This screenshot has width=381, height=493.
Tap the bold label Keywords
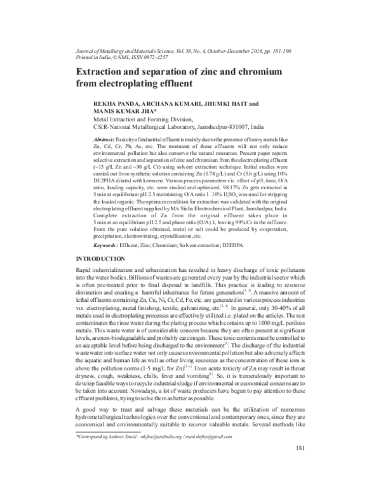pyautogui.click(x=107, y=262)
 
